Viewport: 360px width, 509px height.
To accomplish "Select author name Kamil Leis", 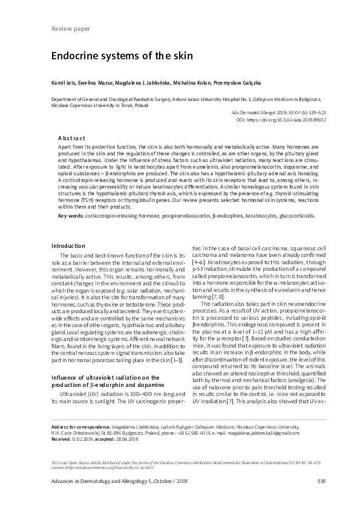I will [x=64, y=82].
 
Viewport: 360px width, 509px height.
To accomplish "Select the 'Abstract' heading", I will [x=76, y=138].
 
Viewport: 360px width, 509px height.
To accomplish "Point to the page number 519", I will [x=304, y=481].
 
